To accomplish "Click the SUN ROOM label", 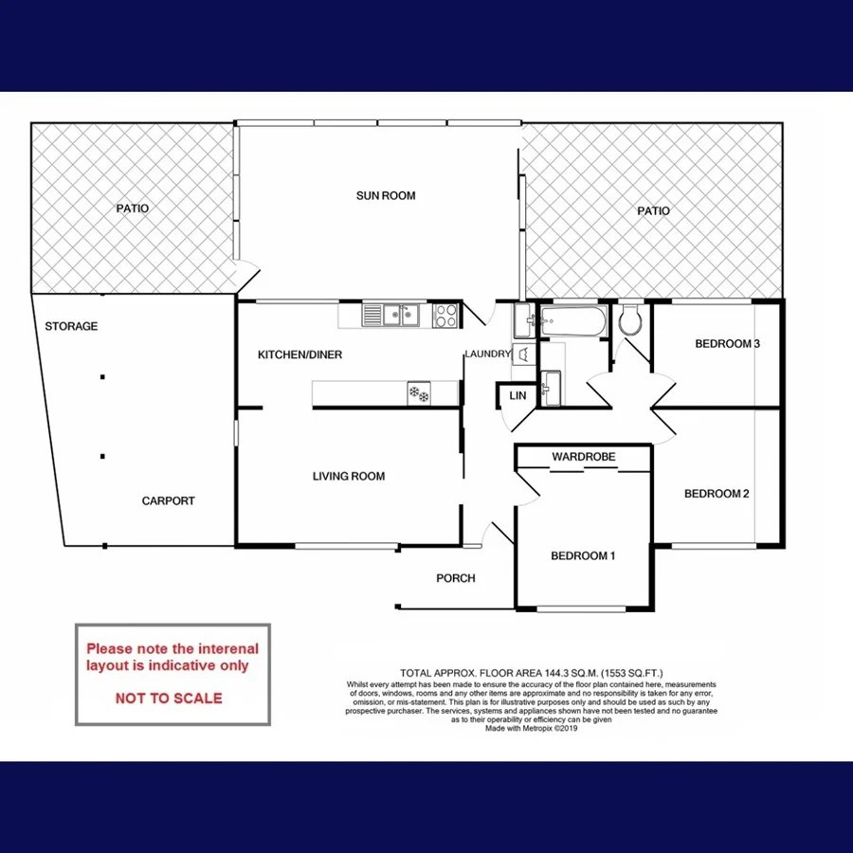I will pyautogui.click(x=386, y=196).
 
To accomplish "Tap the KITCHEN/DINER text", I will pyautogui.click(x=300, y=355).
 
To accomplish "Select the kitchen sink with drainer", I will pyautogui.click(x=390, y=314).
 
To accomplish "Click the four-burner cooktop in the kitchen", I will pyautogui.click(x=446, y=315).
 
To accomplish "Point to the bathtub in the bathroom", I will pyautogui.click(x=571, y=322).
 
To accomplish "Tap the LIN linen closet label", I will pyautogui.click(x=517, y=395).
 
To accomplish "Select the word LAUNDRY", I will pyautogui.click(x=487, y=354).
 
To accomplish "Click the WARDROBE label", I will pyautogui.click(x=584, y=457).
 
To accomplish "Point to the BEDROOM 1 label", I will pyautogui.click(x=584, y=556).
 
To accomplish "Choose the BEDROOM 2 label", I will pyautogui.click(x=717, y=494).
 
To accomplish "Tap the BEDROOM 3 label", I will pyautogui.click(x=728, y=344).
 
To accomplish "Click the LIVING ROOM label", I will pyautogui.click(x=349, y=477).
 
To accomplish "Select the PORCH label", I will pyautogui.click(x=456, y=578).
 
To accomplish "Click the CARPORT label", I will pyautogui.click(x=169, y=501).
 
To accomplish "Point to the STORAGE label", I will pyautogui.click(x=71, y=327).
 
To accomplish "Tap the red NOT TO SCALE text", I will pyautogui.click(x=169, y=699).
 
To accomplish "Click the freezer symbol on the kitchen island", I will pyautogui.click(x=418, y=392).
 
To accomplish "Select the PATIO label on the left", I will pyautogui.click(x=133, y=209).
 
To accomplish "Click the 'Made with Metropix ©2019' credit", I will pyautogui.click(x=532, y=729).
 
